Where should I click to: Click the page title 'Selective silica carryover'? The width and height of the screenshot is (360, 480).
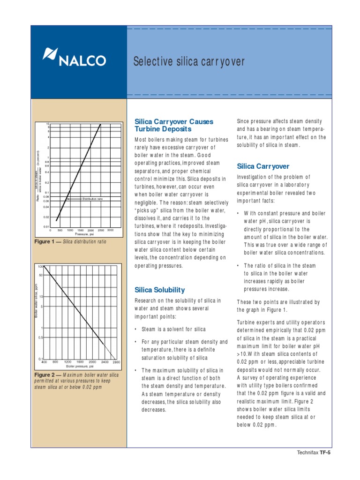click(x=189, y=61)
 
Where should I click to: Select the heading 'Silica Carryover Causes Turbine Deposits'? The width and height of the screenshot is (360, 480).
click(x=173, y=125)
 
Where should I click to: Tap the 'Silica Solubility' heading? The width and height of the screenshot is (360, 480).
click(x=159, y=290)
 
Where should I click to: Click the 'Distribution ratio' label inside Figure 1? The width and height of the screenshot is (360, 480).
click(x=92, y=199)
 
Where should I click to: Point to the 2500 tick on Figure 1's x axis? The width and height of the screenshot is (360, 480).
click(x=101, y=231)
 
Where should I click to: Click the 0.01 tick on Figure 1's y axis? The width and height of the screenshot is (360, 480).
click(x=46, y=227)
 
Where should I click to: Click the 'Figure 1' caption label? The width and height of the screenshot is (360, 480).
click(x=46, y=242)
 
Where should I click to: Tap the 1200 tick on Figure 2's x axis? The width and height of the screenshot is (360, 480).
click(x=67, y=349)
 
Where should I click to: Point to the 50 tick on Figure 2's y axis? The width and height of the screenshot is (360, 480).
click(x=41, y=275)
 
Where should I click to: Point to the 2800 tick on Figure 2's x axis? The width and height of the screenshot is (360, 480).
click(x=117, y=349)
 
